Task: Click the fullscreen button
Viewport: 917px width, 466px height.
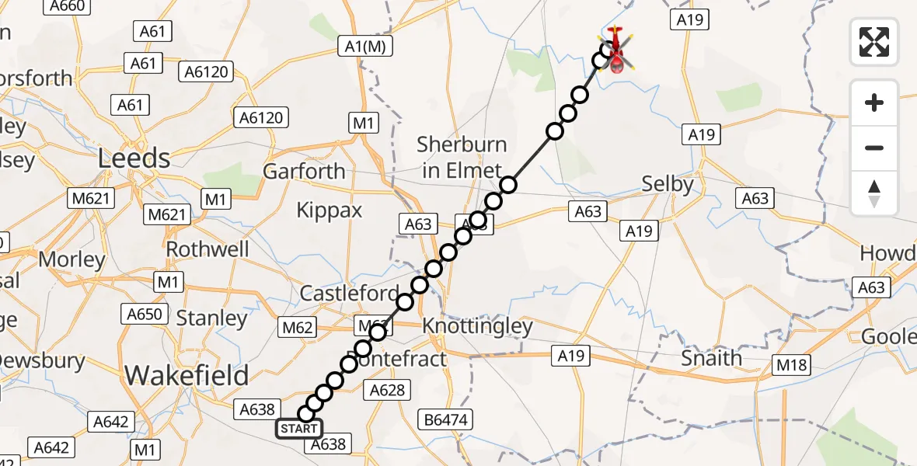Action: [x=874, y=42]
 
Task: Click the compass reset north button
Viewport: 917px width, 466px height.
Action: [x=874, y=193]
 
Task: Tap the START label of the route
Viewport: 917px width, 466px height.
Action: [x=299, y=429]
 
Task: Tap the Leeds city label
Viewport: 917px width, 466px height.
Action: [x=134, y=158]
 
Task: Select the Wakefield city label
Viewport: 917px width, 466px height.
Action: [x=187, y=375]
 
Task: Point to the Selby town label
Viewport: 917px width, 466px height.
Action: [x=668, y=184]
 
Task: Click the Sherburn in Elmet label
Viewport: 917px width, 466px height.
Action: [x=462, y=158]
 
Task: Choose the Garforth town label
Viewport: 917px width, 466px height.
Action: [x=305, y=171]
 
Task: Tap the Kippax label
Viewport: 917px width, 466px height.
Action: [x=329, y=210]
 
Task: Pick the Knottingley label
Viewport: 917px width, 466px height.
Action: [x=477, y=326]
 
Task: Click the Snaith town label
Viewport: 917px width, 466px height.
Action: [x=711, y=358]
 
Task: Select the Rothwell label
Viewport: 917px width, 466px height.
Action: [x=207, y=249]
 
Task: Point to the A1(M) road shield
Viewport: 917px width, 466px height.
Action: [x=365, y=47]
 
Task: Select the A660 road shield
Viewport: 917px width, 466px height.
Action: [x=66, y=6]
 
